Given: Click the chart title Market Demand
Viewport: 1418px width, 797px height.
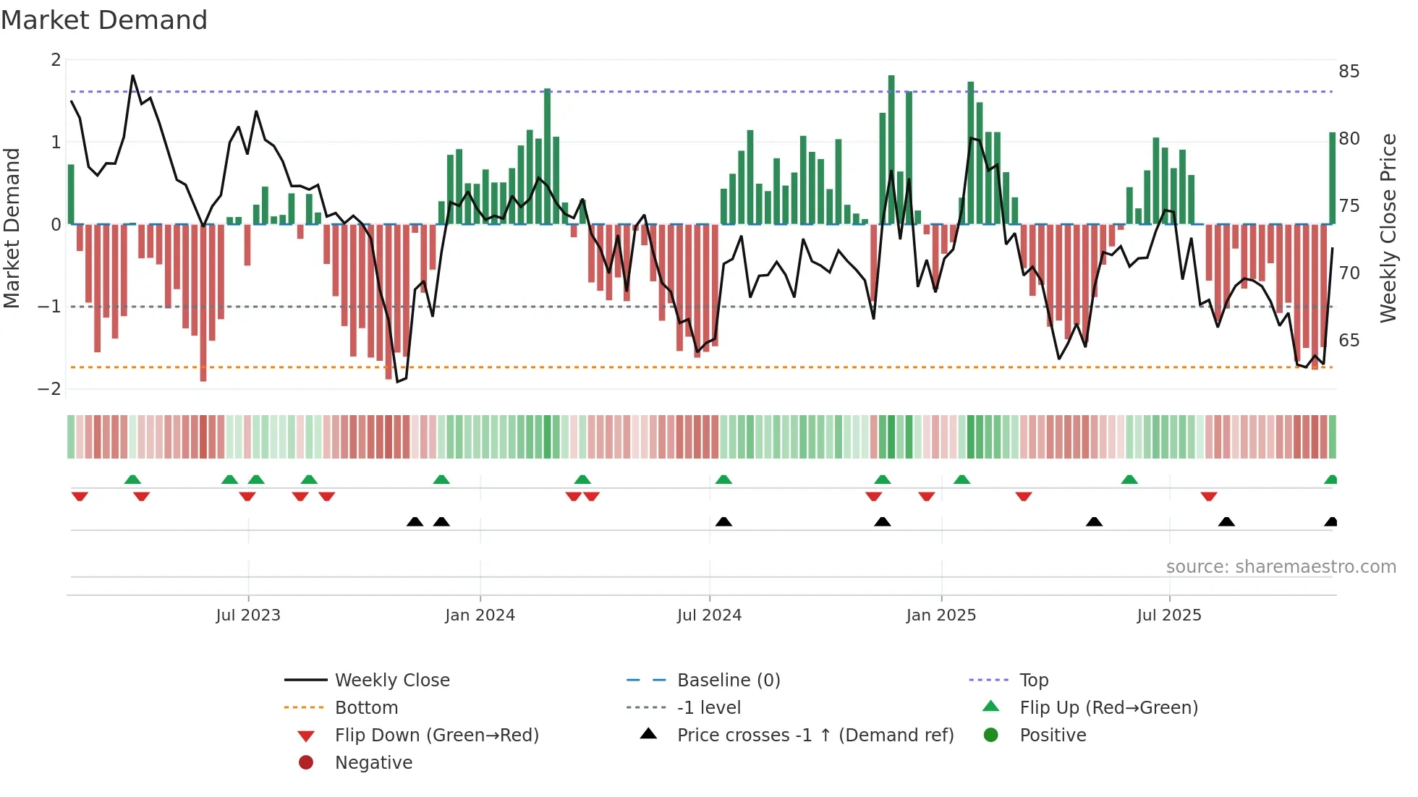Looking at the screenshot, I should point(104,20).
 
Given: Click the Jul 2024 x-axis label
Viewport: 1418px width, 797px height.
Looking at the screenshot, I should point(709,615).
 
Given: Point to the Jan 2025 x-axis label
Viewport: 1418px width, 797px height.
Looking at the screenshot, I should point(941,615).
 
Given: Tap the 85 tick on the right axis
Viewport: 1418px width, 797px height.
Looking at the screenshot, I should point(1349,72).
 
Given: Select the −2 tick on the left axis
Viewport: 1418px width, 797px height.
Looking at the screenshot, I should point(50,389).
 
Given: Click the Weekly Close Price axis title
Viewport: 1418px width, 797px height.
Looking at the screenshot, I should point(1388,228).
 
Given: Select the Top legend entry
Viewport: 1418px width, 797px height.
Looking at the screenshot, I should point(1033,681).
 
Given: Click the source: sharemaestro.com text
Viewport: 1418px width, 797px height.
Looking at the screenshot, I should point(1281,567).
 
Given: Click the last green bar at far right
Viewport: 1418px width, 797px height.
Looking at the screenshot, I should point(1332,177).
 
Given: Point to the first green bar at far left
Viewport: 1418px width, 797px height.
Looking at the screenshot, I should point(71,194).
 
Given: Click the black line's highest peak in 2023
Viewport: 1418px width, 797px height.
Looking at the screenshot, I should point(132,75).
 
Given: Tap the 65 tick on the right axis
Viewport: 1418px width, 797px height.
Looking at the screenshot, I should point(1349,341).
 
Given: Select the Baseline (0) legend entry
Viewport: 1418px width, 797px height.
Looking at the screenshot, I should point(728,681).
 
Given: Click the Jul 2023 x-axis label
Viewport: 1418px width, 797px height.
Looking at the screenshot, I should point(248,615).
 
